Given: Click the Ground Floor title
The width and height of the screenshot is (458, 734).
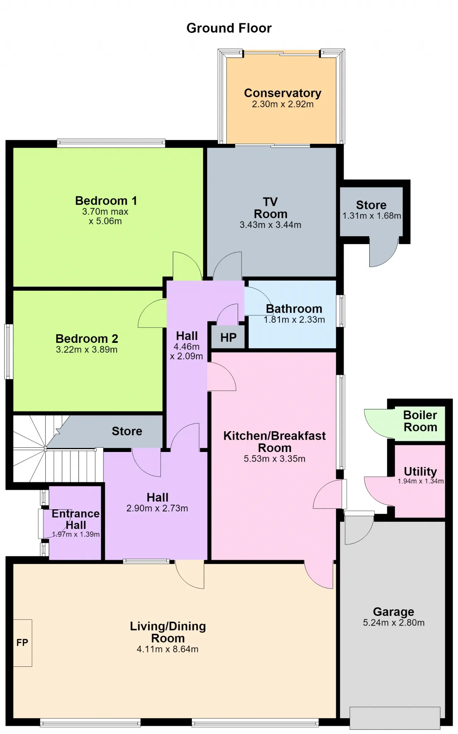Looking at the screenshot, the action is point(229,28).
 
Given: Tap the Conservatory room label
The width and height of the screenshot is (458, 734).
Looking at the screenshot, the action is point(283,93).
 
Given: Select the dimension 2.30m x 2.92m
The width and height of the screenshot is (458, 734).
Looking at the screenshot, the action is point(283,104).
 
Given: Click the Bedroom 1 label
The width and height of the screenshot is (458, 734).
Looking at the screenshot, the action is point(106,200).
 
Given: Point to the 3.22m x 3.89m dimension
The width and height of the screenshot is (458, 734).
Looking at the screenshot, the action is point(87,350).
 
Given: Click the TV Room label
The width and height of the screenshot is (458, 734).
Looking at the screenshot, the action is point(271,208).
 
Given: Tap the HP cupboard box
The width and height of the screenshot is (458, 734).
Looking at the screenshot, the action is point(228,337).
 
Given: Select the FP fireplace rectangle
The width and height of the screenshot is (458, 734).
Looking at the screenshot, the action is point(23,643).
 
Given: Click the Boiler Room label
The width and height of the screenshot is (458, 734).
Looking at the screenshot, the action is point(420,421).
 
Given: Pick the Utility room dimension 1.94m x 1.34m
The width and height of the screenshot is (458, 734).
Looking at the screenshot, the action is point(421,481).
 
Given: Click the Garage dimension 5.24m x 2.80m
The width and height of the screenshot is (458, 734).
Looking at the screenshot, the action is point(394,623).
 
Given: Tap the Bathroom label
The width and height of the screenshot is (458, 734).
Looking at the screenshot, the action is point(294,308).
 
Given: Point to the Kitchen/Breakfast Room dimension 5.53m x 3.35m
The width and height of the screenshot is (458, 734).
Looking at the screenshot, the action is point(274,459).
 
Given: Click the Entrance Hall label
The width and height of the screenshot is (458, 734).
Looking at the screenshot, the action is point(76,519).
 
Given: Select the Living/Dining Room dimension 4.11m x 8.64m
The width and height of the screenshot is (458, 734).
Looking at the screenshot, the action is point(167,649).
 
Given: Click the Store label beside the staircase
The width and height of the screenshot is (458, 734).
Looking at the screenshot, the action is point(127,431).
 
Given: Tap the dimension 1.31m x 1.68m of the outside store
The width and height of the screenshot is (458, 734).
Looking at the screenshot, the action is point(372,216).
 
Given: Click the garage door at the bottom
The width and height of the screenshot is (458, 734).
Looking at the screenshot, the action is point(395,718).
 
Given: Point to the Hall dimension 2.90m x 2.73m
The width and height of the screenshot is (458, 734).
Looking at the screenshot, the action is point(157,508).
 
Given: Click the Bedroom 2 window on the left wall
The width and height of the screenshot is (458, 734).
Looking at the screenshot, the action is point(9,351).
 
